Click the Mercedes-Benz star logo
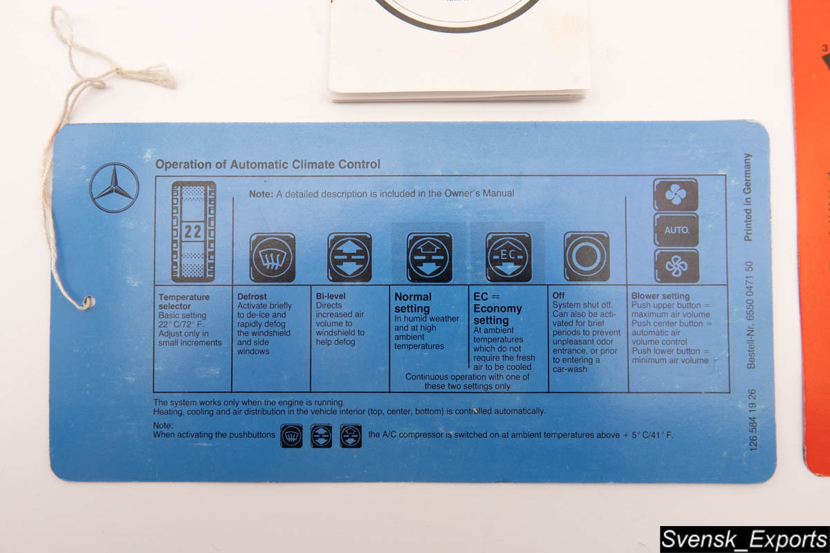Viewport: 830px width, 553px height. pos(114,188)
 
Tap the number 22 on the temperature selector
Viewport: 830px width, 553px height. pos(193,232)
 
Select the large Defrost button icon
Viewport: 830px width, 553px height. pos(273,257)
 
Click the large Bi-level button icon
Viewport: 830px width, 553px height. pos(349,257)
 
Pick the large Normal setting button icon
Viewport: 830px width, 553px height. pos(429,257)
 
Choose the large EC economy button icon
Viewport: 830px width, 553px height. pos(508,256)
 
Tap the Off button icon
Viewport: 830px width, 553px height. pos(587,256)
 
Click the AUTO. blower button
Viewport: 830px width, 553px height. pos(676,230)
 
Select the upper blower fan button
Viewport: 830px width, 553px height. pos(676,195)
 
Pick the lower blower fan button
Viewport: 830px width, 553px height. pos(676,266)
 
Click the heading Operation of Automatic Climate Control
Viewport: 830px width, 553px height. pos(268,164)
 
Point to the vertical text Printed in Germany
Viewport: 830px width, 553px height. pos(748,197)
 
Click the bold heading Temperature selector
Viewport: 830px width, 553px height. pos(184,301)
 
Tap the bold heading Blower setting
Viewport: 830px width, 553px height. pos(661,296)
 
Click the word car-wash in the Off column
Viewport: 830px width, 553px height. pos(570,369)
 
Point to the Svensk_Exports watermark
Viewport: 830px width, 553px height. pos(744,539)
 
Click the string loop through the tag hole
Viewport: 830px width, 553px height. pos(88,302)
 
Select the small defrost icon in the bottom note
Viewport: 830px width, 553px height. pos(291,436)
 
